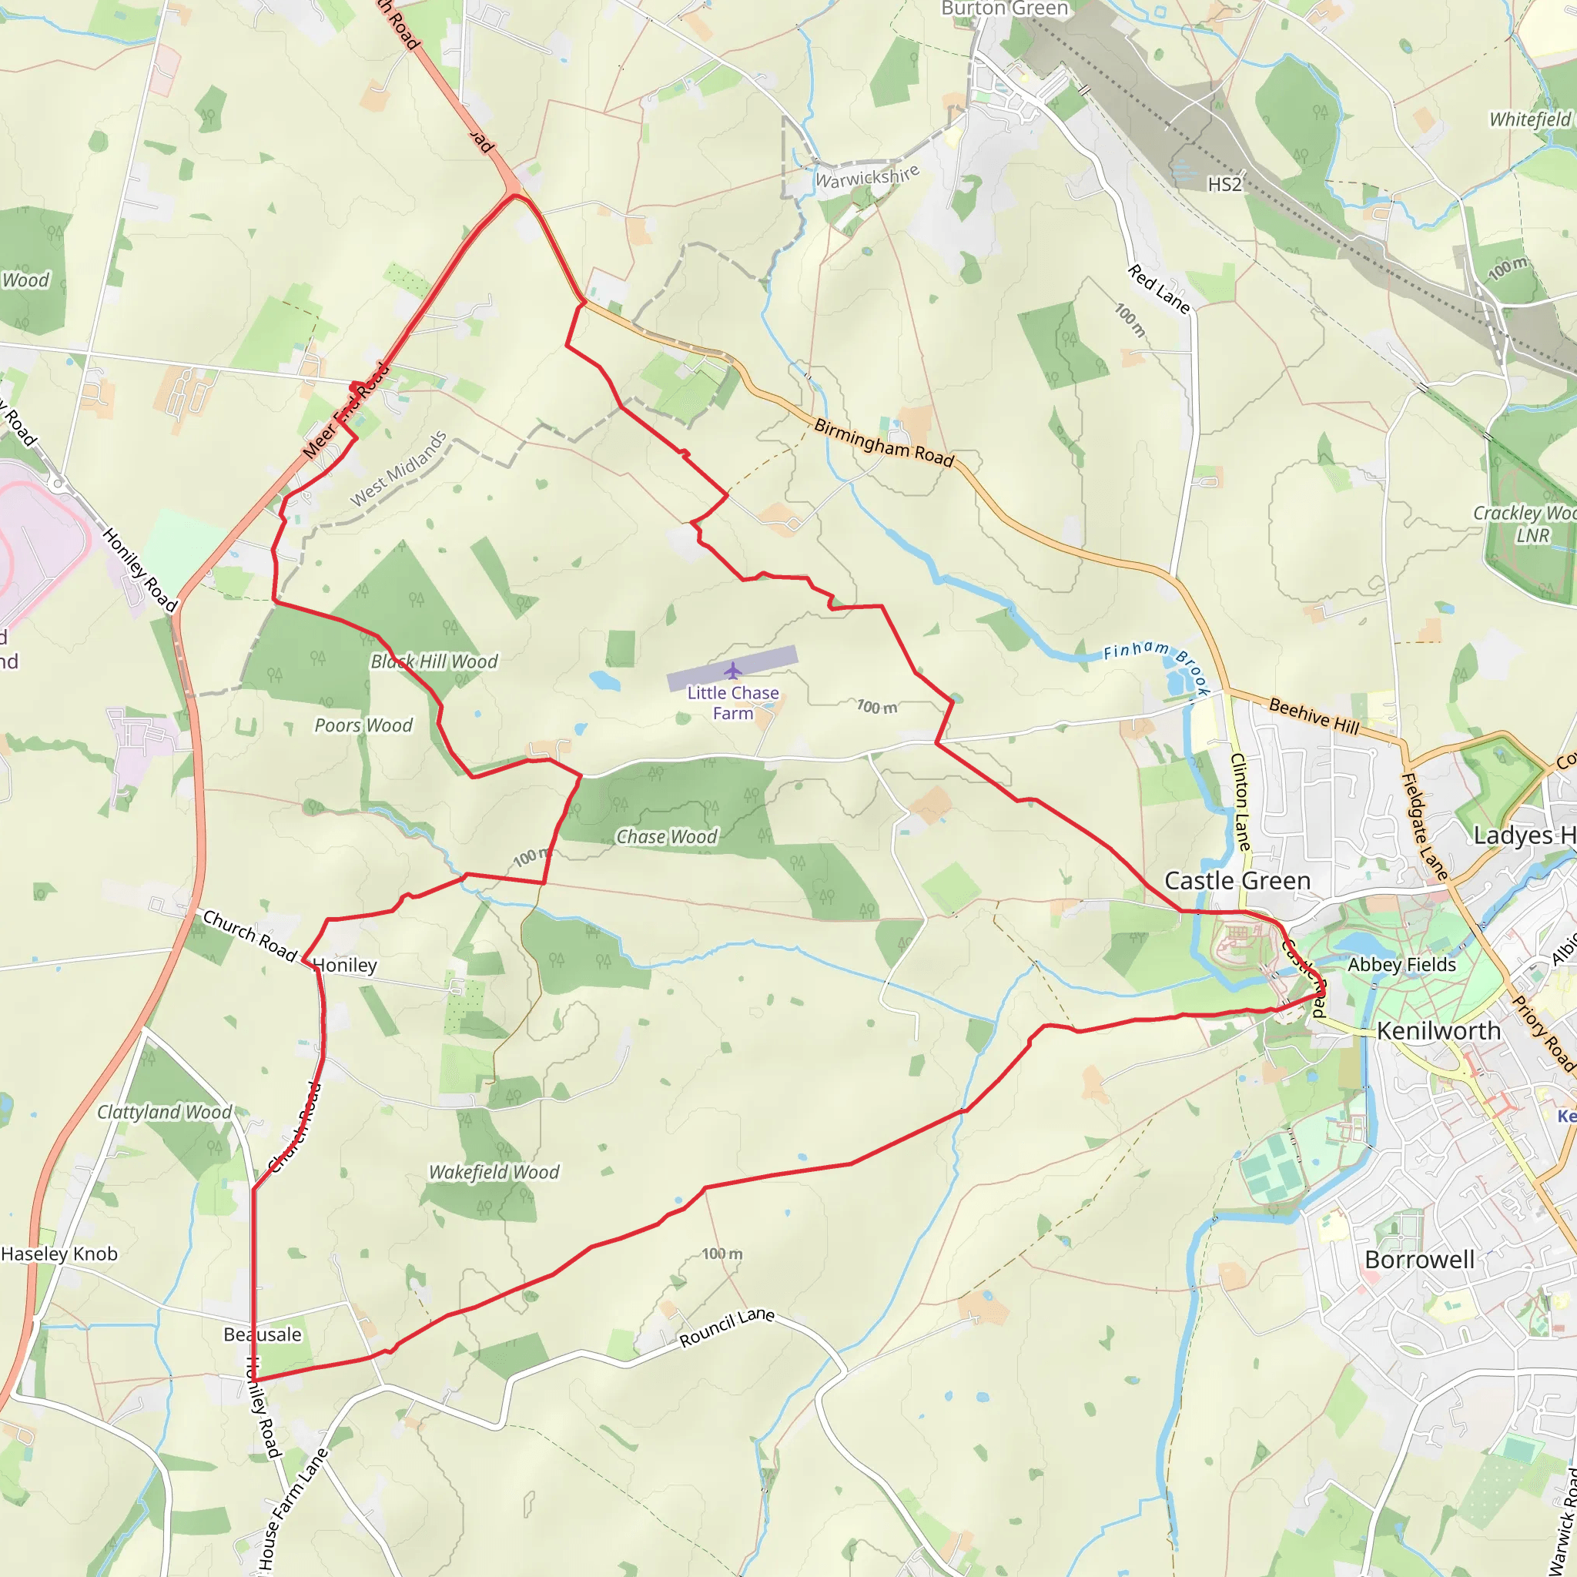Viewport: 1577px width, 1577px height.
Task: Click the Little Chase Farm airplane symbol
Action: pos(732,671)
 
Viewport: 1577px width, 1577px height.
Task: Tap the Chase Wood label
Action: pos(666,837)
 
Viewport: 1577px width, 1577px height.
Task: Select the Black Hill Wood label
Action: pos(434,661)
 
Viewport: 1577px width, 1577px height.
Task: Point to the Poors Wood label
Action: pos(363,725)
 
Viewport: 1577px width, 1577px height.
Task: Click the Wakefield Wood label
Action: pos(494,1172)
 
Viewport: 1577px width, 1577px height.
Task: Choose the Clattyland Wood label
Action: pos(164,1112)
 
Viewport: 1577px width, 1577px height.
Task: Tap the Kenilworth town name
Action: pos(1438,1031)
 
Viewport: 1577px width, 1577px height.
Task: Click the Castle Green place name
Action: pos(1237,881)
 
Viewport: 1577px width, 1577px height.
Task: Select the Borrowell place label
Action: pos(1419,1260)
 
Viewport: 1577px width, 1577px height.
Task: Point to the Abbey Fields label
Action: pos(1401,965)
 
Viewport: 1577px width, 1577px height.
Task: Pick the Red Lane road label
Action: pos(1159,288)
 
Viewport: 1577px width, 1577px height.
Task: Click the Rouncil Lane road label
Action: pos(726,1328)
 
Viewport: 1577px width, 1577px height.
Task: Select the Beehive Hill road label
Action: pos(1314,716)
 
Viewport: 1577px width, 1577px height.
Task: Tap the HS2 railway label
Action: pos(1224,185)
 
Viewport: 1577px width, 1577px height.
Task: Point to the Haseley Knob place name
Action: pos(59,1254)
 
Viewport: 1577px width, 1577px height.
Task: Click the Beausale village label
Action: pos(262,1334)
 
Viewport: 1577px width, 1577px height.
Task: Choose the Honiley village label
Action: pos(345,966)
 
